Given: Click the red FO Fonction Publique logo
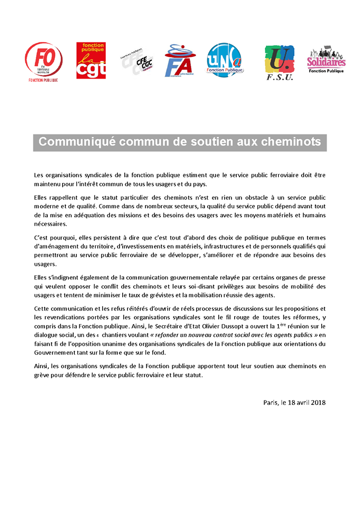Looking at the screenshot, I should (x=44, y=62).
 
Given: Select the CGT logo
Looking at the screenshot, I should (x=91, y=61).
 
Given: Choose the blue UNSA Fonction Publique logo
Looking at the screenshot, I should (x=225, y=61).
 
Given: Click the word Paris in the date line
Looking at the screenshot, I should (x=271, y=402).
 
